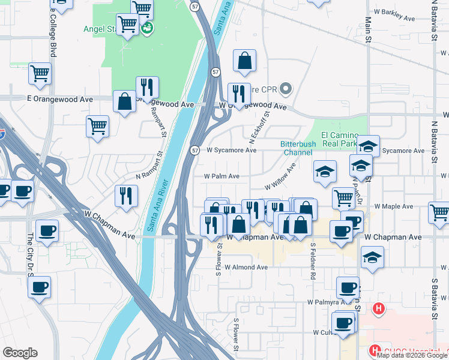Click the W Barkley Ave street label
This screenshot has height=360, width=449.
click(x=394, y=19)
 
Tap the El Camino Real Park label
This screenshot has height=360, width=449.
click(x=340, y=139)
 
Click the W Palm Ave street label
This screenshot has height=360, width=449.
click(x=221, y=176)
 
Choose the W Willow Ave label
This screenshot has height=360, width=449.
click(x=281, y=179)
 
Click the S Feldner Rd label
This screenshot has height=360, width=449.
click(x=313, y=261)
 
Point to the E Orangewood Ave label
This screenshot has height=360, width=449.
click(x=60, y=98)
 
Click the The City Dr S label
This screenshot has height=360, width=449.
click(x=29, y=252)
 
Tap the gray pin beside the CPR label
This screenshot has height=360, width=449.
click(x=286, y=90)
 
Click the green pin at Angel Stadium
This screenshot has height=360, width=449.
click(x=146, y=28)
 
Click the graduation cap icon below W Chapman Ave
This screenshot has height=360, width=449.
click(x=373, y=257)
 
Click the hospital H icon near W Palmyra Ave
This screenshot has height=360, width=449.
click(x=378, y=310)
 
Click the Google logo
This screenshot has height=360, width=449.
click(x=20, y=353)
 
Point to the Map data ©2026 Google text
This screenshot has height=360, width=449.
click(x=411, y=355)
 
